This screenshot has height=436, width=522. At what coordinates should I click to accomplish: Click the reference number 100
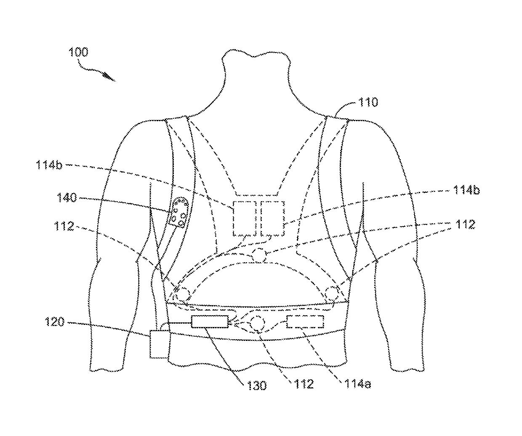(x=79, y=52)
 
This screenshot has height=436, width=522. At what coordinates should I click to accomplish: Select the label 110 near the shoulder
(x=368, y=102)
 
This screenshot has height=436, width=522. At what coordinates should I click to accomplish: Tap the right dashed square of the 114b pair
(x=272, y=218)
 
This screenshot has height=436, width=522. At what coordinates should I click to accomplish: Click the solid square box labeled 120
(x=158, y=344)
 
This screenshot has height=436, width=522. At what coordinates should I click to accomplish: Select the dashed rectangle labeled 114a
(x=305, y=322)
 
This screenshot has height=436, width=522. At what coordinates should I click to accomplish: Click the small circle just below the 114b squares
(x=259, y=255)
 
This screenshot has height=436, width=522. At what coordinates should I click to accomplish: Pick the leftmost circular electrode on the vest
(x=182, y=292)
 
